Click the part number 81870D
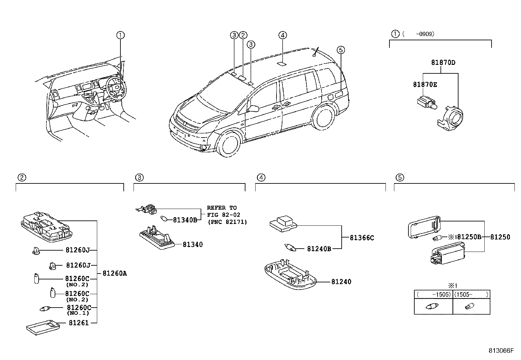coord(443,63)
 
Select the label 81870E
coord(425,85)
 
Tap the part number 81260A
coord(114,273)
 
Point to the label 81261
coord(79,323)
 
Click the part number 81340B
coord(185,220)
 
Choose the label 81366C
coord(362,238)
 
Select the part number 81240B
coord(319,249)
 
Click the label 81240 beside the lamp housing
coord(341,282)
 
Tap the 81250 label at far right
coord(500,237)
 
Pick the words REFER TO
coord(222,208)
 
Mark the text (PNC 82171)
coord(227,222)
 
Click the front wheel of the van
coord(228,144)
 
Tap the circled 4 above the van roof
coord(283,35)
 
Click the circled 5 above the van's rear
coord(341,50)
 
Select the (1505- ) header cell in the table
coord(471,294)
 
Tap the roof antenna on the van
coord(315,52)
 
